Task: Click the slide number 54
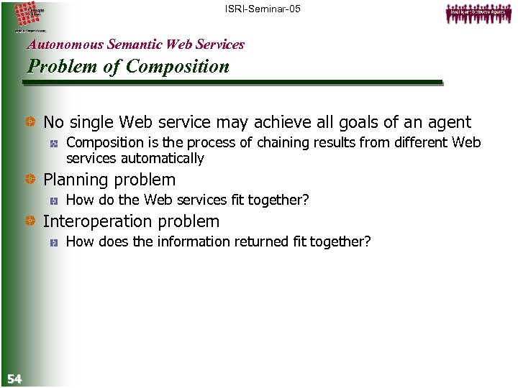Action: coord(14,379)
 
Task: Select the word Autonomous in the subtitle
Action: coord(65,45)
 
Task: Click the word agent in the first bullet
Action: coord(449,123)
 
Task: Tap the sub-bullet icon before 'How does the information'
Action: coord(54,243)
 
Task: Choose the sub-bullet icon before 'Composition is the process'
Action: coord(54,144)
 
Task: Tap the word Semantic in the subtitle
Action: coord(135,45)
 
